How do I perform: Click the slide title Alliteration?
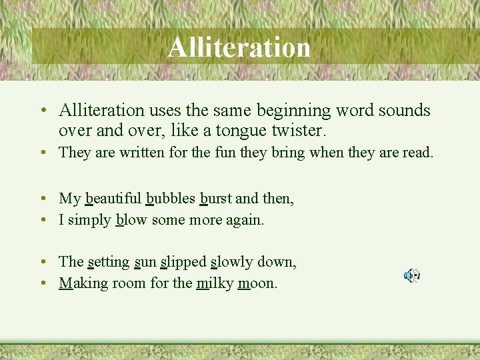tap(239, 47)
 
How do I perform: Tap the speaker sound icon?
tap(411, 275)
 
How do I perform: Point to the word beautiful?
tap(113, 198)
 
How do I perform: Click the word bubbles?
tap(171, 198)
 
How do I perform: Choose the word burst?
tap(217, 198)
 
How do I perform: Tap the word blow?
tap(131, 219)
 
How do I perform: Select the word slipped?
tap(183, 261)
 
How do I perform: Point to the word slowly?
tap(233, 261)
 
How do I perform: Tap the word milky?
tap(215, 283)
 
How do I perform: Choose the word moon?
tap(257, 283)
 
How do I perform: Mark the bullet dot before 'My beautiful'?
tap(42, 199)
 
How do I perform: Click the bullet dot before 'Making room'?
tap(42, 283)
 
